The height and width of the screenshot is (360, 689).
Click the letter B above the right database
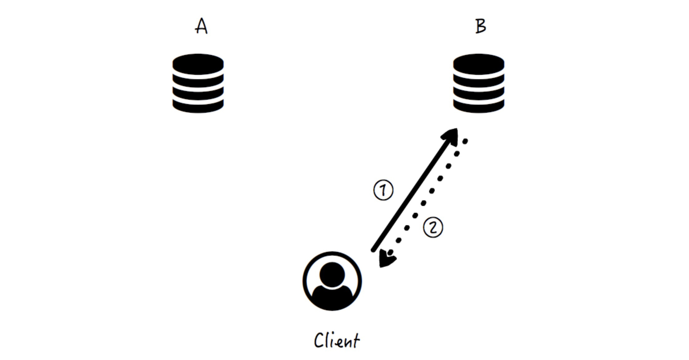[x=480, y=26]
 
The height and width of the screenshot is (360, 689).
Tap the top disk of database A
[x=198, y=64]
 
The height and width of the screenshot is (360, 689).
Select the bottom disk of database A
[x=198, y=107]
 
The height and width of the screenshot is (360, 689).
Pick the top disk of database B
[x=478, y=64]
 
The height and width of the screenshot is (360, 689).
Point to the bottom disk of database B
[x=478, y=107]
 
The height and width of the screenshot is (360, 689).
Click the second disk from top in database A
[x=198, y=81]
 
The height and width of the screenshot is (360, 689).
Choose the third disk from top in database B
[x=478, y=94]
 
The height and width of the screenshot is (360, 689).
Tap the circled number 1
[x=383, y=190]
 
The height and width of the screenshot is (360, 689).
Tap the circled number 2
[x=433, y=227]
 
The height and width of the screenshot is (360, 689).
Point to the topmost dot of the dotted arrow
[x=465, y=142]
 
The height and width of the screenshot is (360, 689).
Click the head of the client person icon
[x=332, y=274]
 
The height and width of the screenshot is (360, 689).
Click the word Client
[x=337, y=341]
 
